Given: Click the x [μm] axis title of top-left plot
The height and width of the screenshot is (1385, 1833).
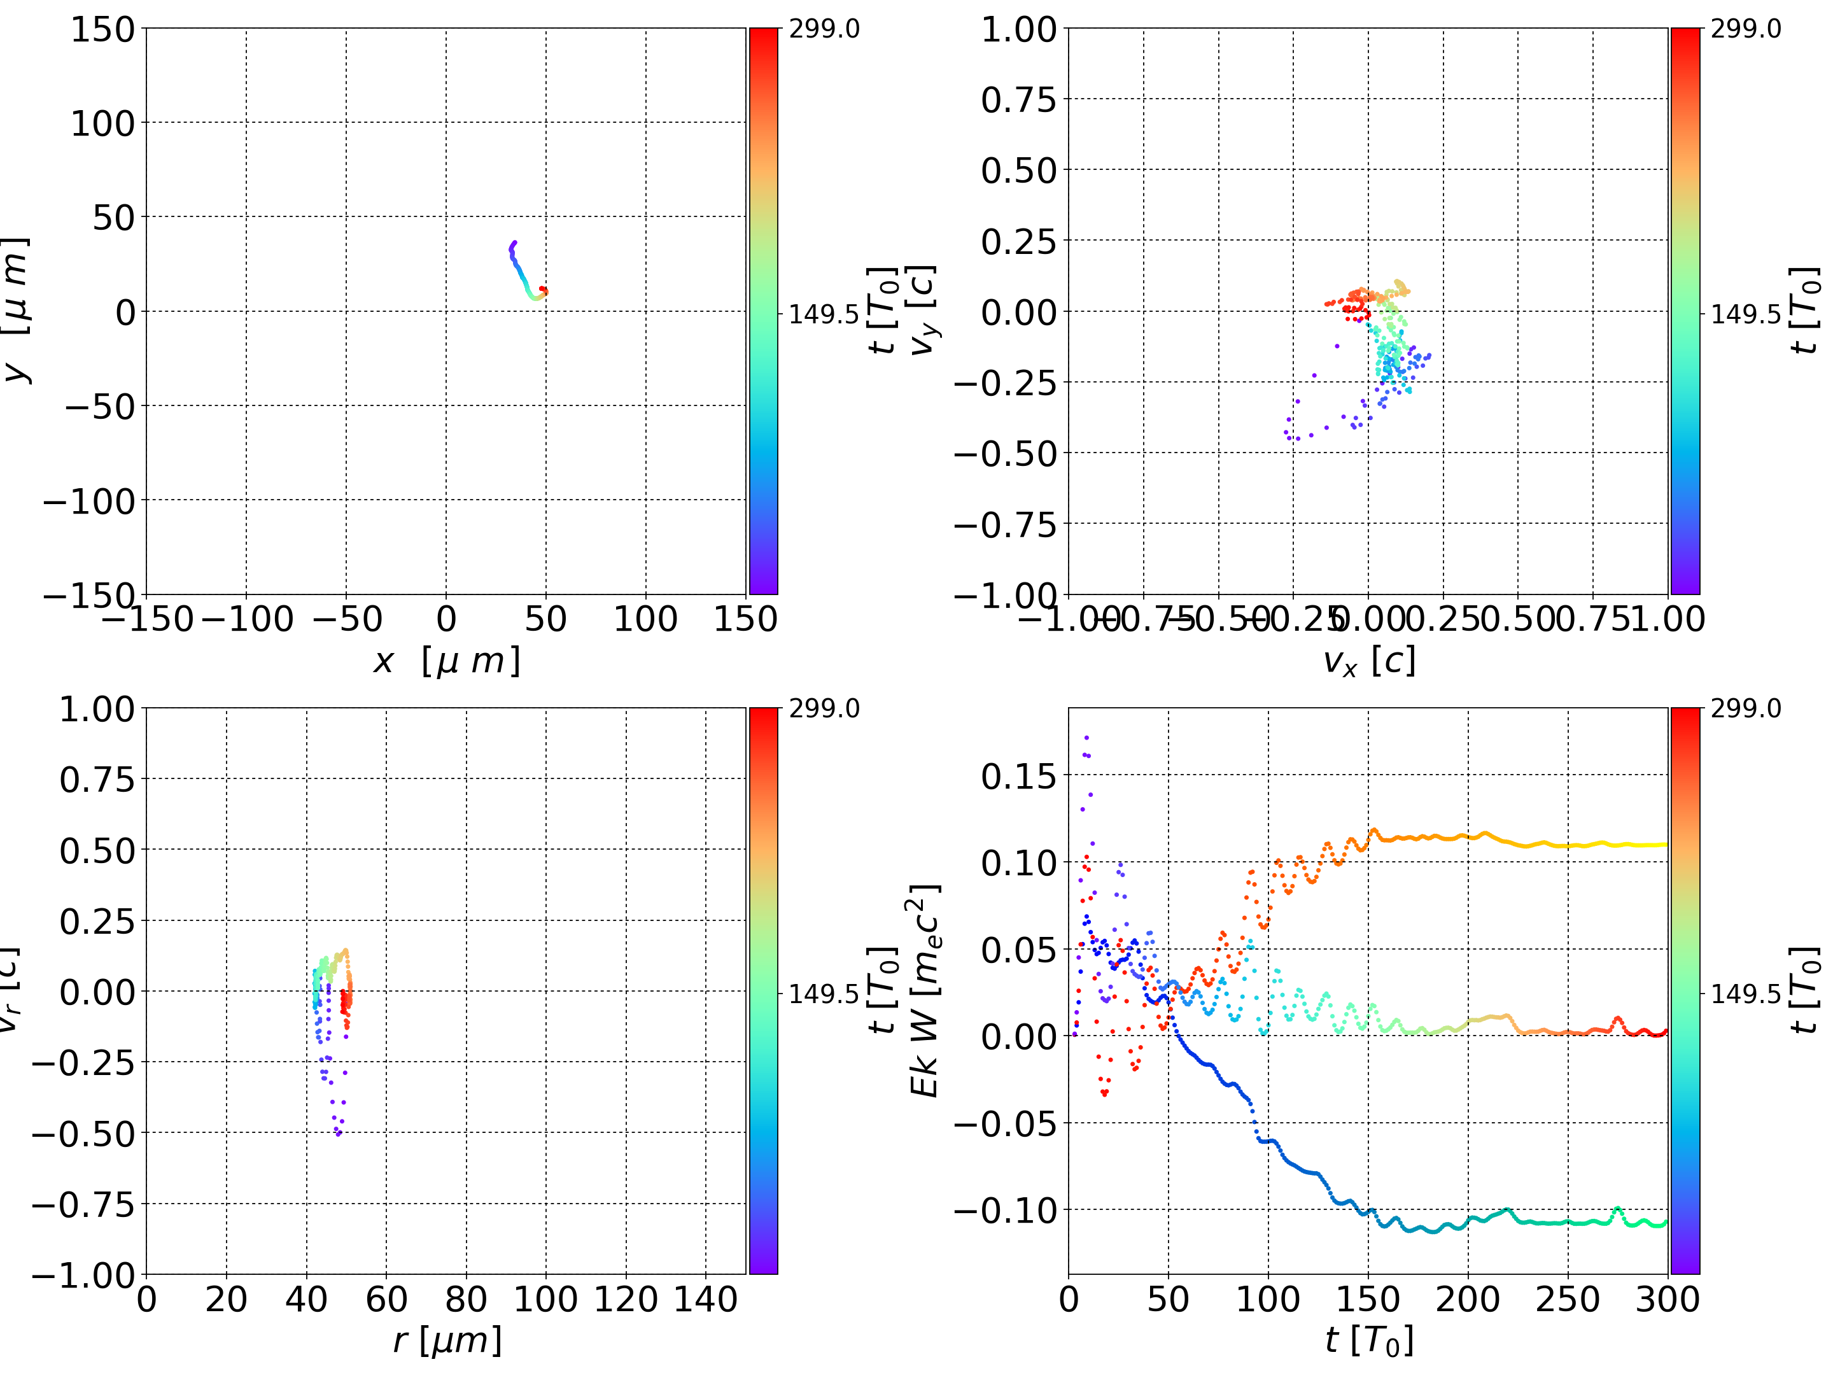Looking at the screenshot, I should point(446,661).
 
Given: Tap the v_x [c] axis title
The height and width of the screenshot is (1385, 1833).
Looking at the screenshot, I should point(1368,661).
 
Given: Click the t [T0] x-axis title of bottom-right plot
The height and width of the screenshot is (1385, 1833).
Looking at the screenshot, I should point(1368,1340).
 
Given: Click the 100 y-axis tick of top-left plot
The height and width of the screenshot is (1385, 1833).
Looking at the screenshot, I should point(102,123).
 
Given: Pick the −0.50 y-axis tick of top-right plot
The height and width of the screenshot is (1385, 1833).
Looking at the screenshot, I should point(1005,453).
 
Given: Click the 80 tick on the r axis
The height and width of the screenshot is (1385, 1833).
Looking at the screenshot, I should point(466,1300).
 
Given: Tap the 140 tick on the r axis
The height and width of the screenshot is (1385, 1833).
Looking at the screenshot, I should point(705,1300).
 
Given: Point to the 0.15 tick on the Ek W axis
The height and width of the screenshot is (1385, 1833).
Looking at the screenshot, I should point(1018,777).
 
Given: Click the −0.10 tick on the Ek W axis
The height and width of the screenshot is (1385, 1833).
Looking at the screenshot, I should point(1005,1211).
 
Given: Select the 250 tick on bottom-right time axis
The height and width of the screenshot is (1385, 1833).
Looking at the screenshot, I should point(1567,1300).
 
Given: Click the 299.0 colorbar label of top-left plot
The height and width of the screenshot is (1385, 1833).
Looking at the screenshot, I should point(824,29).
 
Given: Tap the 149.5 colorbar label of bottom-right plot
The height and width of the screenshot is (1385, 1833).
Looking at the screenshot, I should point(1745,993).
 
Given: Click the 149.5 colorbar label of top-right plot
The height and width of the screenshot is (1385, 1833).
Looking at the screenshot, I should point(1745,314).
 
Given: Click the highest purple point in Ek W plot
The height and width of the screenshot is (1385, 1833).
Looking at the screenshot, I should point(1086,737).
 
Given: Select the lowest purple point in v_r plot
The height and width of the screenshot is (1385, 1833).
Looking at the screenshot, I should point(338,1134).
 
